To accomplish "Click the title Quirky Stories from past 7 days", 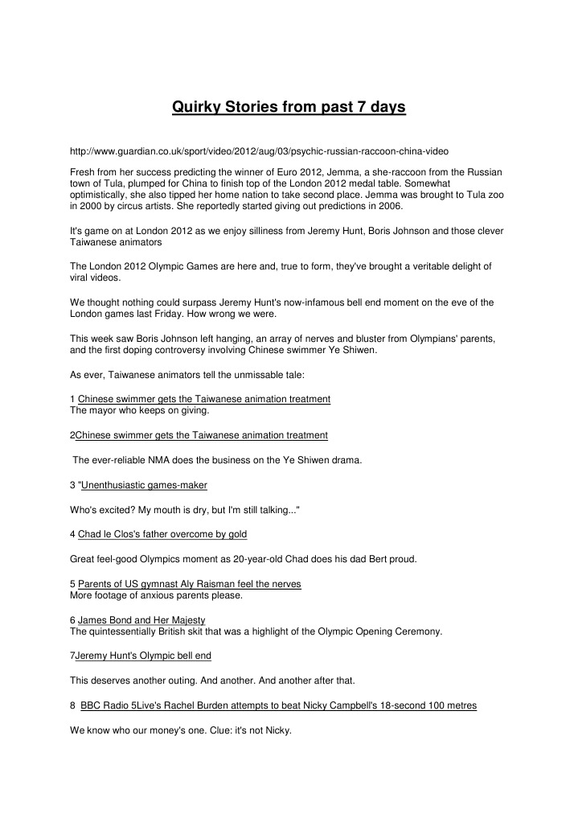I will click(289, 107).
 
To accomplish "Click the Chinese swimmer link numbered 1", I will click(204, 399).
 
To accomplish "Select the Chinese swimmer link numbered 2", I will click(201, 435).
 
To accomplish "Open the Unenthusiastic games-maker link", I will click(144, 485).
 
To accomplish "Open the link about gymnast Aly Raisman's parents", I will click(190, 583).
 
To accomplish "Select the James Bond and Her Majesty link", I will click(141, 620).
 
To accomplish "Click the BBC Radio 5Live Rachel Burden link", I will click(278, 705).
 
